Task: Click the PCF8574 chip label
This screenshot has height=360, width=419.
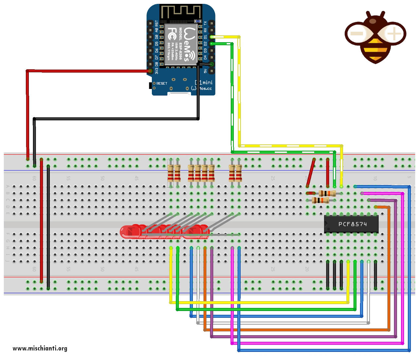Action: coord(352,224)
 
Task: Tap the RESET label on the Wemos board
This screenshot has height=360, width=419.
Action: coord(162,83)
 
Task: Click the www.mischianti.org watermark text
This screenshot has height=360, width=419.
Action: coord(40,348)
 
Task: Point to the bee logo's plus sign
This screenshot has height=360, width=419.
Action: coord(394,33)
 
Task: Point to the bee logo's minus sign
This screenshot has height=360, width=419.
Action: coord(356,33)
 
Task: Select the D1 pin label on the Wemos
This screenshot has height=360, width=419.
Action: coord(205,37)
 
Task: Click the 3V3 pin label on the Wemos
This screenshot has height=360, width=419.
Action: coord(156,71)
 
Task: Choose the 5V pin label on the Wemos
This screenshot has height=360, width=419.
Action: coord(205,71)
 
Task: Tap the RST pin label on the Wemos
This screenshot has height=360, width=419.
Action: coord(156,23)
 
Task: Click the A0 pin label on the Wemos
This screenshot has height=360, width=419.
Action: coord(156,30)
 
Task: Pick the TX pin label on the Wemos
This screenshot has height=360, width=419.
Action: coord(205,23)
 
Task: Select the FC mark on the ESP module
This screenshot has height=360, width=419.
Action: coord(172,34)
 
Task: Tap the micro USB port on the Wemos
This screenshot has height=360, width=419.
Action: coord(179,94)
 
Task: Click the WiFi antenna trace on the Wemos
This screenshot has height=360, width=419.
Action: coord(180,12)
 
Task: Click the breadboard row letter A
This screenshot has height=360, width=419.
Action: coord(8,186)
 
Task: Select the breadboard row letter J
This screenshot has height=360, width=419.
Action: coord(8,261)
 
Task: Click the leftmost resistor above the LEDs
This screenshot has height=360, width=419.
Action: coord(170,173)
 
